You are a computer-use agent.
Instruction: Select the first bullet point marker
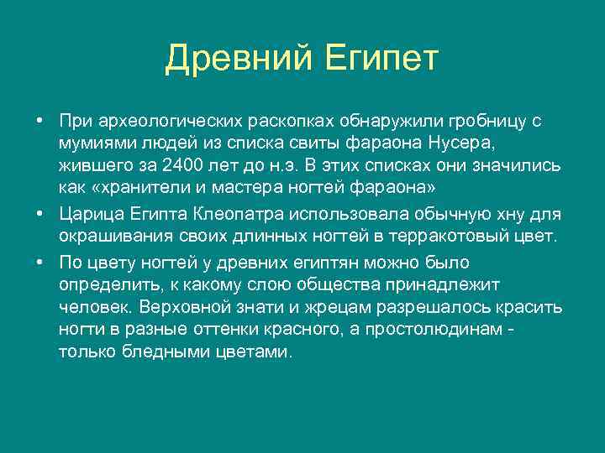coord(39,121)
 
